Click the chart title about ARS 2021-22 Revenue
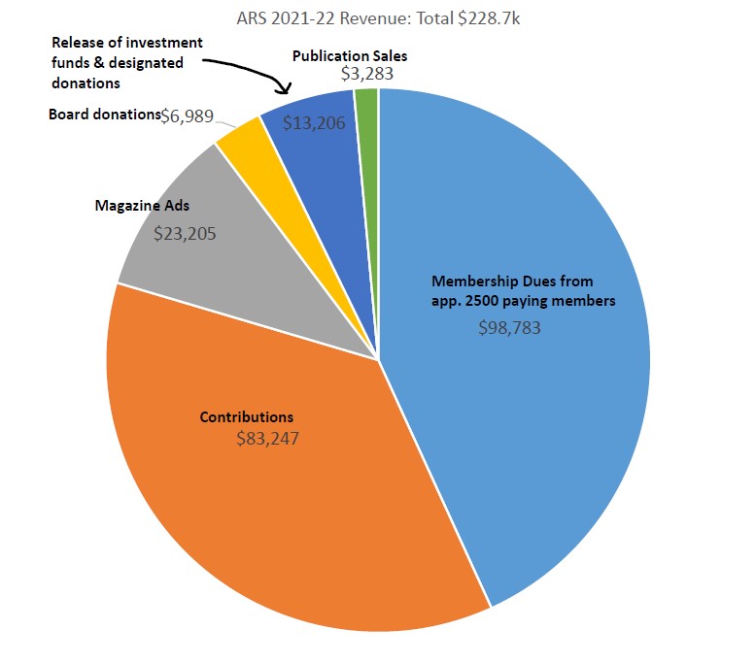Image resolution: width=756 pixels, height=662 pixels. point(377,17)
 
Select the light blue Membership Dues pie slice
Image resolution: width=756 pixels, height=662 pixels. point(544,408)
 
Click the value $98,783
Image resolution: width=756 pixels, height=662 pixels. point(509,328)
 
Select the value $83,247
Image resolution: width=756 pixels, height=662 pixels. point(267,438)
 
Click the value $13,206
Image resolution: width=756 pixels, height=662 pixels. point(313,123)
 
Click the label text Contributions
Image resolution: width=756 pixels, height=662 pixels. point(247,416)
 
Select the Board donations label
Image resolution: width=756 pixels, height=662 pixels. point(103,115)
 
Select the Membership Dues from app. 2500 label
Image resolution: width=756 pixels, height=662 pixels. point(523,290)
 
